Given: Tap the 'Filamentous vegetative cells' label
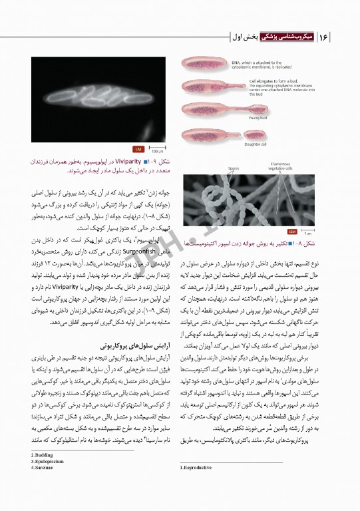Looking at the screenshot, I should tap(289, 166).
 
